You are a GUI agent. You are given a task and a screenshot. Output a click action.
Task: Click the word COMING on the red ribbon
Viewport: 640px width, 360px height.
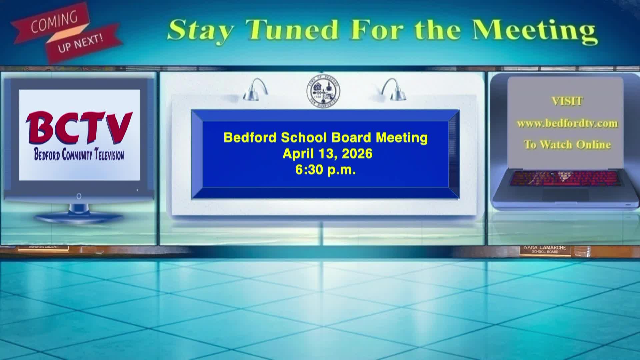tap(54, 22)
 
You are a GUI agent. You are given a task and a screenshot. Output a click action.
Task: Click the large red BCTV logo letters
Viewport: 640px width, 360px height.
tap(79, 128)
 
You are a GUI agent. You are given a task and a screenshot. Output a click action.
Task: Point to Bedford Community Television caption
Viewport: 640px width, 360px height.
tap(79, 155)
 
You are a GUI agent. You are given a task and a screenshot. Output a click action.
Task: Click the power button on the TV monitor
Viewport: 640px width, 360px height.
tap(79, 196)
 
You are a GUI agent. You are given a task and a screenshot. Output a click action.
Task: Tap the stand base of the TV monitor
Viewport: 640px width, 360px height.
tap(79, 218)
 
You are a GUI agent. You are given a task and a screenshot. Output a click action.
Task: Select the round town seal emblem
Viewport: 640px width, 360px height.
tap(323, 90)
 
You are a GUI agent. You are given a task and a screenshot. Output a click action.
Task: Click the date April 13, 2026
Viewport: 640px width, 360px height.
tap(327, 154)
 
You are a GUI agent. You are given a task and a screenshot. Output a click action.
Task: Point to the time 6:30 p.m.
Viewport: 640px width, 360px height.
tap(325, 170)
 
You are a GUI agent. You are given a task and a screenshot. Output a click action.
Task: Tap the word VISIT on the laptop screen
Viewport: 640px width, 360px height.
tap(567, 101)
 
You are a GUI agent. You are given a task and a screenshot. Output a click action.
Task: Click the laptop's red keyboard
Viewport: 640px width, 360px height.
tap(565, 178)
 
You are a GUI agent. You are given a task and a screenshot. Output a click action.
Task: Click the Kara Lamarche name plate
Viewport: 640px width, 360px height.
tap(545, 250)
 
